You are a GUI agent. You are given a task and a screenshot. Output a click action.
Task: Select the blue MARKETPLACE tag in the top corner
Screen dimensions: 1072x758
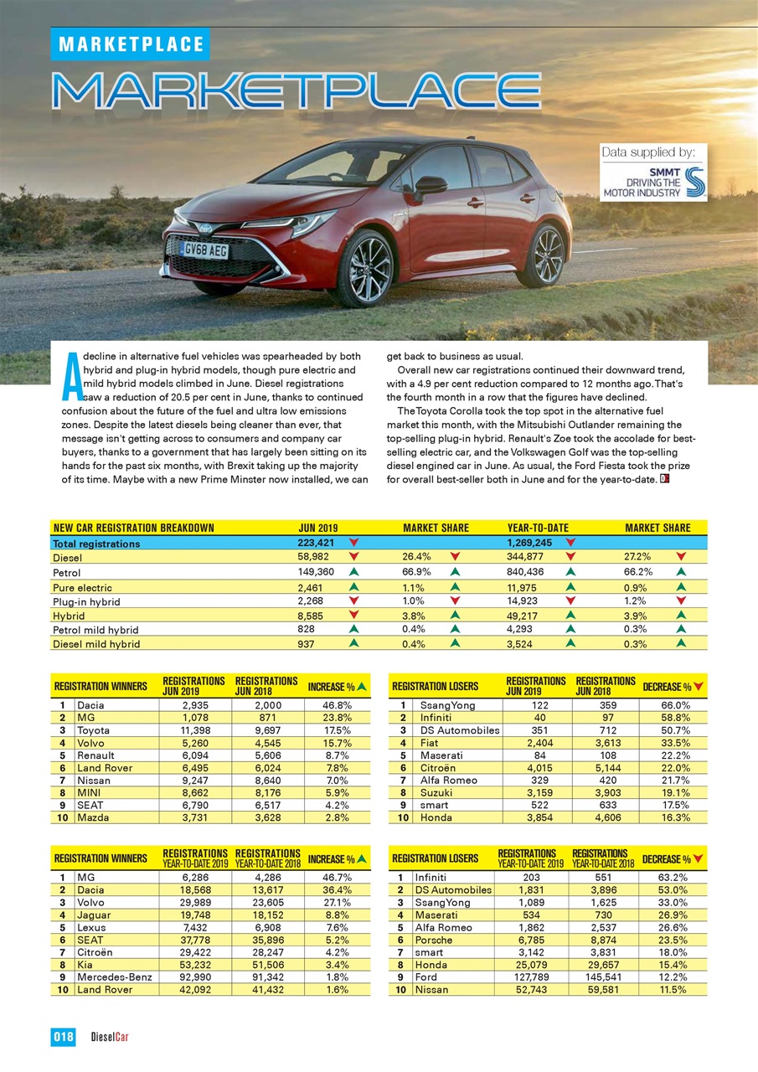[x=130, y=44]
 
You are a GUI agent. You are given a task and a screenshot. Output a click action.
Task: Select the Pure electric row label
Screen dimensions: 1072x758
[x=82, y=588]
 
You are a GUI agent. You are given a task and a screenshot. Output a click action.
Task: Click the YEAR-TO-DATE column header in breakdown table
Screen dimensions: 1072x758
[x=538, y=528]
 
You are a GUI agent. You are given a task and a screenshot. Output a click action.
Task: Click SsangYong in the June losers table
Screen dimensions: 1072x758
[x=447, y=705]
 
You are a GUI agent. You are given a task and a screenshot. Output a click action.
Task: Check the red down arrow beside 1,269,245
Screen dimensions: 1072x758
[x=570, y=544]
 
